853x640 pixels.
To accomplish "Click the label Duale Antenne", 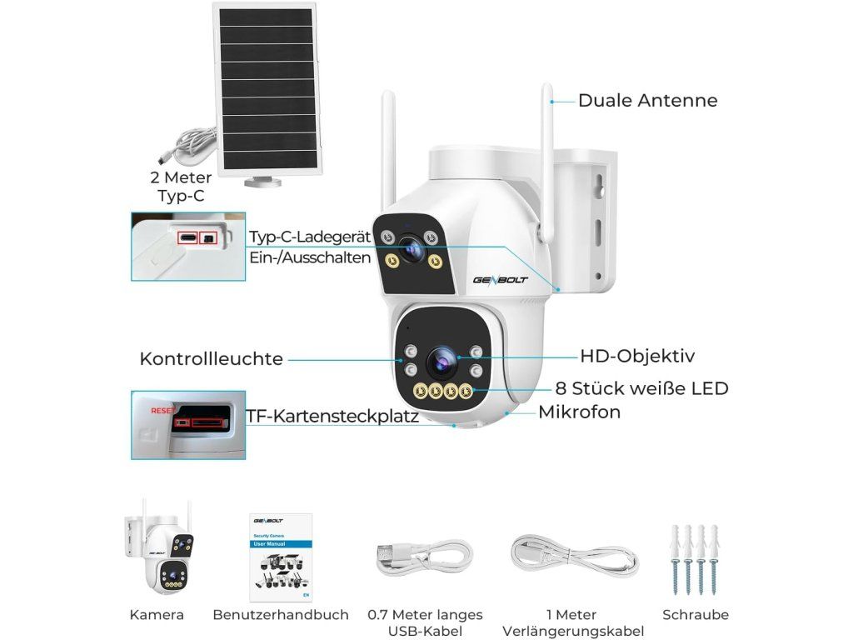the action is click(x=647, y=101).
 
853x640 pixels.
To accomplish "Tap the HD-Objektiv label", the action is click(x=637, y=357).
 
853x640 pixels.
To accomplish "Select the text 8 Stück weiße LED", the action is click(x=641, y=388).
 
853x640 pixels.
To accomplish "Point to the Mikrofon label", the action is click(x=579, y=412).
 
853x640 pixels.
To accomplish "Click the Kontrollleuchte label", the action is click(x=212, y=359).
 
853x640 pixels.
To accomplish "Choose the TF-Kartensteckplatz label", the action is click(x=332, y=416).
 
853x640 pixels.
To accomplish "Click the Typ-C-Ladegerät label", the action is click(x=310, y=237).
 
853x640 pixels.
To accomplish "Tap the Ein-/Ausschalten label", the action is click(x=310, y=257).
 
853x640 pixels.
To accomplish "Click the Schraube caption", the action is click(x=696, y=615).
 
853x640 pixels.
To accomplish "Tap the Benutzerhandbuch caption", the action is click(x=281, y=615).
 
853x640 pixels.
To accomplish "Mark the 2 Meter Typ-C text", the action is click(x=181, y=187).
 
